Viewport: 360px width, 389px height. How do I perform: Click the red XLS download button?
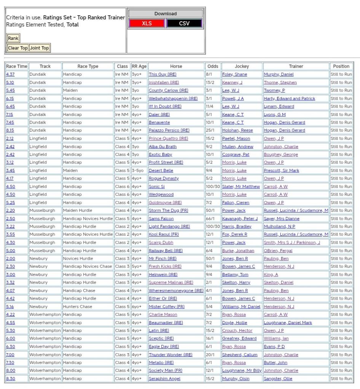147,24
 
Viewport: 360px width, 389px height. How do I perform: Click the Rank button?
13,38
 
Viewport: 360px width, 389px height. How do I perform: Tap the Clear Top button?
18,48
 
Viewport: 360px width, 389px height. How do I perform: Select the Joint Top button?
40,48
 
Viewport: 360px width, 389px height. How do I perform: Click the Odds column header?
212,66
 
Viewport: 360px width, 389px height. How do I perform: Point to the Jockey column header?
242,66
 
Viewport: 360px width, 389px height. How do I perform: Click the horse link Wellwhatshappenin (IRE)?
173,98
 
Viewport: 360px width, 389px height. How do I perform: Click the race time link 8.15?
10,130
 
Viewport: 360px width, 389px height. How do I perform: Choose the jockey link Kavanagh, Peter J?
240,219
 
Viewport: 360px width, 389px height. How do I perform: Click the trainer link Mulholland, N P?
279,227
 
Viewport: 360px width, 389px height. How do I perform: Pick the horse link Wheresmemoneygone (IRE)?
176,291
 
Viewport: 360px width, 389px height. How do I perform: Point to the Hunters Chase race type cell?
78,306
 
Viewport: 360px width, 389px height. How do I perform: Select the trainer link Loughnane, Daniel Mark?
288,322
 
